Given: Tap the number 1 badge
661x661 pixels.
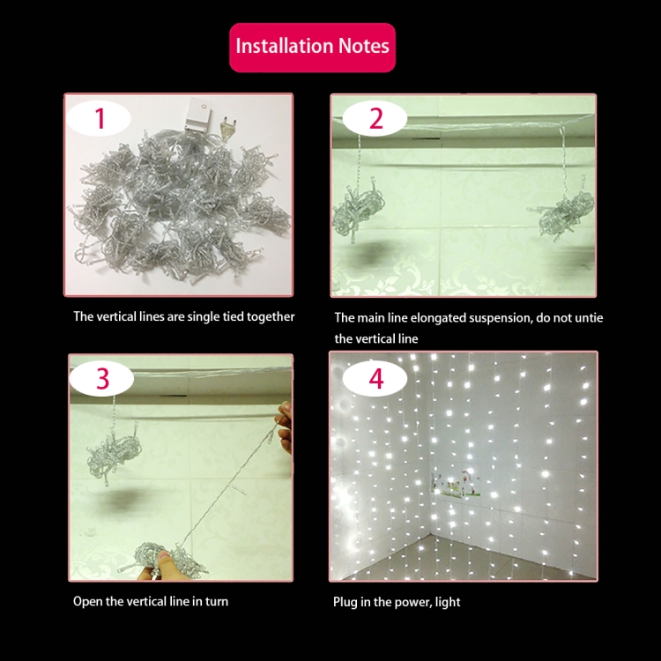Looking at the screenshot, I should (x=100, y=118).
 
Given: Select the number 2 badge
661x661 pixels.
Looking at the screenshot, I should (x=376, y=118).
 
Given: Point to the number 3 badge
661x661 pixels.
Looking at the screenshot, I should (x=103, y=378).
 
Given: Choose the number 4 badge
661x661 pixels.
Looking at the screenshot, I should (x=376, y=378).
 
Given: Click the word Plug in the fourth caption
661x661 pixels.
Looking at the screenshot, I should (x=345, y=602).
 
